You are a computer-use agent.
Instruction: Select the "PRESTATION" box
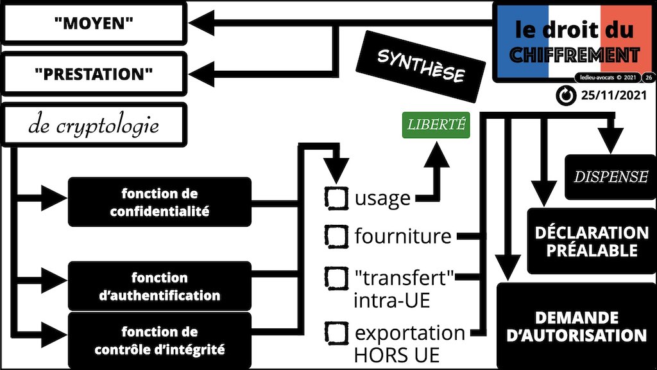pos(94,74)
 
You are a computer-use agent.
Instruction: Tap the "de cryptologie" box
pos(94,126)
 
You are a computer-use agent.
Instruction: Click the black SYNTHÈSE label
pos(420,67)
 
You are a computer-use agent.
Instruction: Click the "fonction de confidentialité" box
pos(159,202)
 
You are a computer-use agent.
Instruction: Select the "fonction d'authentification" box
pos(159,286)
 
